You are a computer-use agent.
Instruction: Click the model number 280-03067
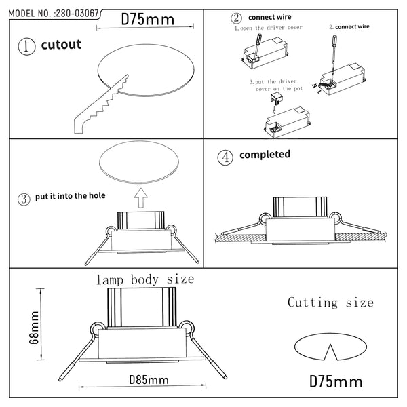coord(77,14)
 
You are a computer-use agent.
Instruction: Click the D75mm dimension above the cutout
coord(148,20)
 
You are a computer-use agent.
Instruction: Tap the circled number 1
coord(26,46)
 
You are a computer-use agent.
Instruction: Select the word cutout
coord(61,45)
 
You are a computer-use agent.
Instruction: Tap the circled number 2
coord(236,18)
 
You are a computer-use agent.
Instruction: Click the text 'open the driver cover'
coord(271,28)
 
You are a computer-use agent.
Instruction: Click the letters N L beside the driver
coord(317,88)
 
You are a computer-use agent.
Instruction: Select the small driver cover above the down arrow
coord(277,99)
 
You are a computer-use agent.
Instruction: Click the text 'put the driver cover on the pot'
coord(277,85)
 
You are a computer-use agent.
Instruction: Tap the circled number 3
coord(24,199)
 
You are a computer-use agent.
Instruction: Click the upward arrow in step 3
coord(141,198)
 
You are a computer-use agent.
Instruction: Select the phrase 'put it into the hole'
coord(71,196)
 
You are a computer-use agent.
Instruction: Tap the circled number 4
coord(225,157)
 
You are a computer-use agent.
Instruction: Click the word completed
coord(265,155)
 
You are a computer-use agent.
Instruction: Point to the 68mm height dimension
coord(34,328)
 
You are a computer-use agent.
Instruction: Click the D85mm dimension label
coord(149,380)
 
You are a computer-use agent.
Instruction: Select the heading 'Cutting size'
coord(330,303)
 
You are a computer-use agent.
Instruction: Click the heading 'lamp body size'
coord(145,279)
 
